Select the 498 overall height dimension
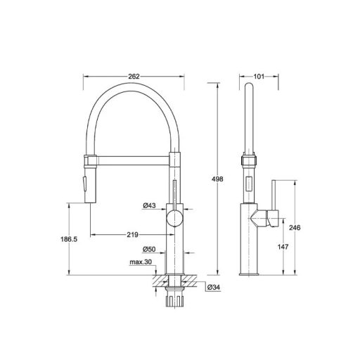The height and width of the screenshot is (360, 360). click(218, 180)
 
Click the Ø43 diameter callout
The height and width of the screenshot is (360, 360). click(148, 206)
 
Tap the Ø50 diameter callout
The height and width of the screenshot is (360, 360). click(148, 249)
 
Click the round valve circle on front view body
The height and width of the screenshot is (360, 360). click(173, 219)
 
